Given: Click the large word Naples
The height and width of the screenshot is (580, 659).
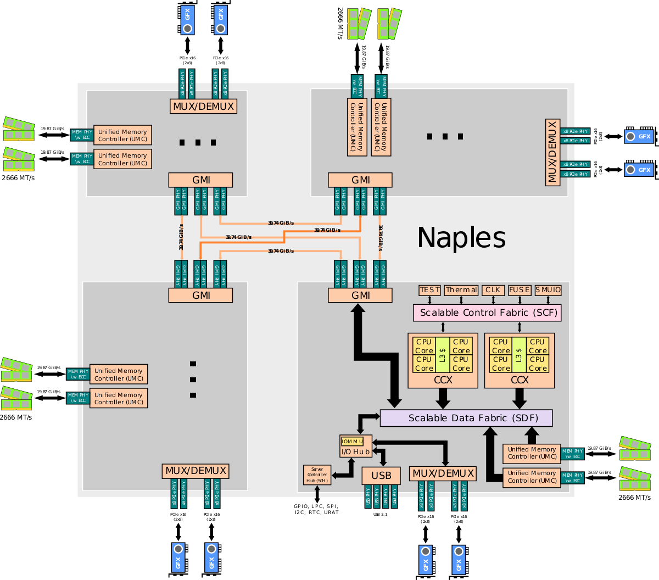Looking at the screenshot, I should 461,238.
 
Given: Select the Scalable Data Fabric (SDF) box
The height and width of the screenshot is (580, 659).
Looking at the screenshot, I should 466,418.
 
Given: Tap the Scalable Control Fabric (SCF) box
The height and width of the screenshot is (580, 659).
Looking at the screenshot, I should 487,313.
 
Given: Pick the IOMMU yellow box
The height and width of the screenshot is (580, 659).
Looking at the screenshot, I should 352,442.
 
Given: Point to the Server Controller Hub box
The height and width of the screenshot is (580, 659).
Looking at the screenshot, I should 317,475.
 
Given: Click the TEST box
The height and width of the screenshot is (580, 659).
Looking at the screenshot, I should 429,289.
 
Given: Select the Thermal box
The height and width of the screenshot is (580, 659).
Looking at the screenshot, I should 461,289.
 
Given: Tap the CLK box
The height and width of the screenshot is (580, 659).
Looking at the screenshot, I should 493,289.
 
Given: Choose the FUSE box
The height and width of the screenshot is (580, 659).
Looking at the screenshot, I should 520,289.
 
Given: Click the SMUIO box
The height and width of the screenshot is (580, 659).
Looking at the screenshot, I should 548,289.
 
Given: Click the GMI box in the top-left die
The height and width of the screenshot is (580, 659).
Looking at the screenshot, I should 200,180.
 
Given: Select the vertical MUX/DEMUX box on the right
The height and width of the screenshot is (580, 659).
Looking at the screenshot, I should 552,152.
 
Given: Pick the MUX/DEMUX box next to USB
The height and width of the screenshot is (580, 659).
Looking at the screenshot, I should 443,473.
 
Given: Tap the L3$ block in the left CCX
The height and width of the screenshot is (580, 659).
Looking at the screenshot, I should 443,355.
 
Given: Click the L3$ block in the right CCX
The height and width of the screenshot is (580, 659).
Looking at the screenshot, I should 519,355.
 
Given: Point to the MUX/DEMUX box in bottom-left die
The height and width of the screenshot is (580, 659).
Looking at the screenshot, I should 196,471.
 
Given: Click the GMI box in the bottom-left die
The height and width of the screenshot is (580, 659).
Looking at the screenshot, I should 200,295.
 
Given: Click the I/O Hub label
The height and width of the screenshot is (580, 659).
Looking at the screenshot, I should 355,451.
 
